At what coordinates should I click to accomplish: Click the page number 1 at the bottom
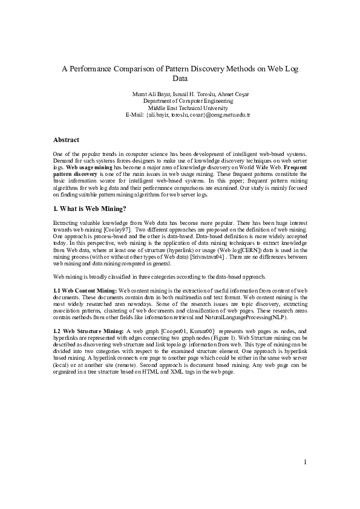click(306, 462)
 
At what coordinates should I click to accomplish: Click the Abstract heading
click(66, 140)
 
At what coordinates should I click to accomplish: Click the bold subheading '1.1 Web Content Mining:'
click(85, 291)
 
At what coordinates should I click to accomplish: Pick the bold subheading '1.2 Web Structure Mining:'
click(88, 331)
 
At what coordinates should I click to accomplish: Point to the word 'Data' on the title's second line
click(180, 78)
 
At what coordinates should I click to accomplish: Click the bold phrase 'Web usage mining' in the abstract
click(90, 167)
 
